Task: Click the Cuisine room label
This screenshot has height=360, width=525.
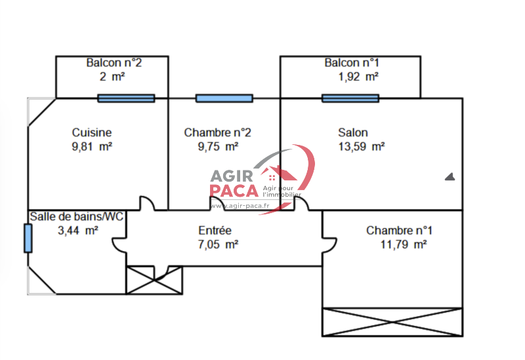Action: [x=92, y=132]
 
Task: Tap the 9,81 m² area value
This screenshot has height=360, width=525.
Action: [x=92, y=147]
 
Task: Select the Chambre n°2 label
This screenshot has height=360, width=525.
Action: [x=218, y=132]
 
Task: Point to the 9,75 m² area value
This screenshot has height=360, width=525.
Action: [x=218, y=147]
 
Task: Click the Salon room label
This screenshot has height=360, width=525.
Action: [x=353, y=132]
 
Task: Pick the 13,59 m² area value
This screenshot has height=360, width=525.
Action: [x=360, y=147]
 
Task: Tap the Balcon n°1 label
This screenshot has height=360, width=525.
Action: [x=352, y=63]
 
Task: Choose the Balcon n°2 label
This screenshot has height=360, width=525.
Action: [x=114, y=63]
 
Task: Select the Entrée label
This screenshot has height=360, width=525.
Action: [x=215, y=230]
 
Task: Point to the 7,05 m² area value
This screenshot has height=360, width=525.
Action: [x=218, y=245]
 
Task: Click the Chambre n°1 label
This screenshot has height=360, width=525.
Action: [x=399, y=230]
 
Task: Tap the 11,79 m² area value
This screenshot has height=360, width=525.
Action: [x=404, y=245]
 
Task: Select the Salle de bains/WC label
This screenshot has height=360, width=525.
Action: [x=77, y=216]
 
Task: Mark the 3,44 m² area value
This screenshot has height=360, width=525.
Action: [x=78, y=230]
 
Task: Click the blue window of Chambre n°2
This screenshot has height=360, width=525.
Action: [x=224, y=98]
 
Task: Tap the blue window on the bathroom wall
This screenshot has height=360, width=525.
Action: [x=28, y=238]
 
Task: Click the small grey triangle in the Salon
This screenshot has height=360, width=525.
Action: [x=450, y=176]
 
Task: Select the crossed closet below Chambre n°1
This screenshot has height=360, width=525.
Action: [x=392, y=321]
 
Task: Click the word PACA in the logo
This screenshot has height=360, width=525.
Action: [x=234, y=190]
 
